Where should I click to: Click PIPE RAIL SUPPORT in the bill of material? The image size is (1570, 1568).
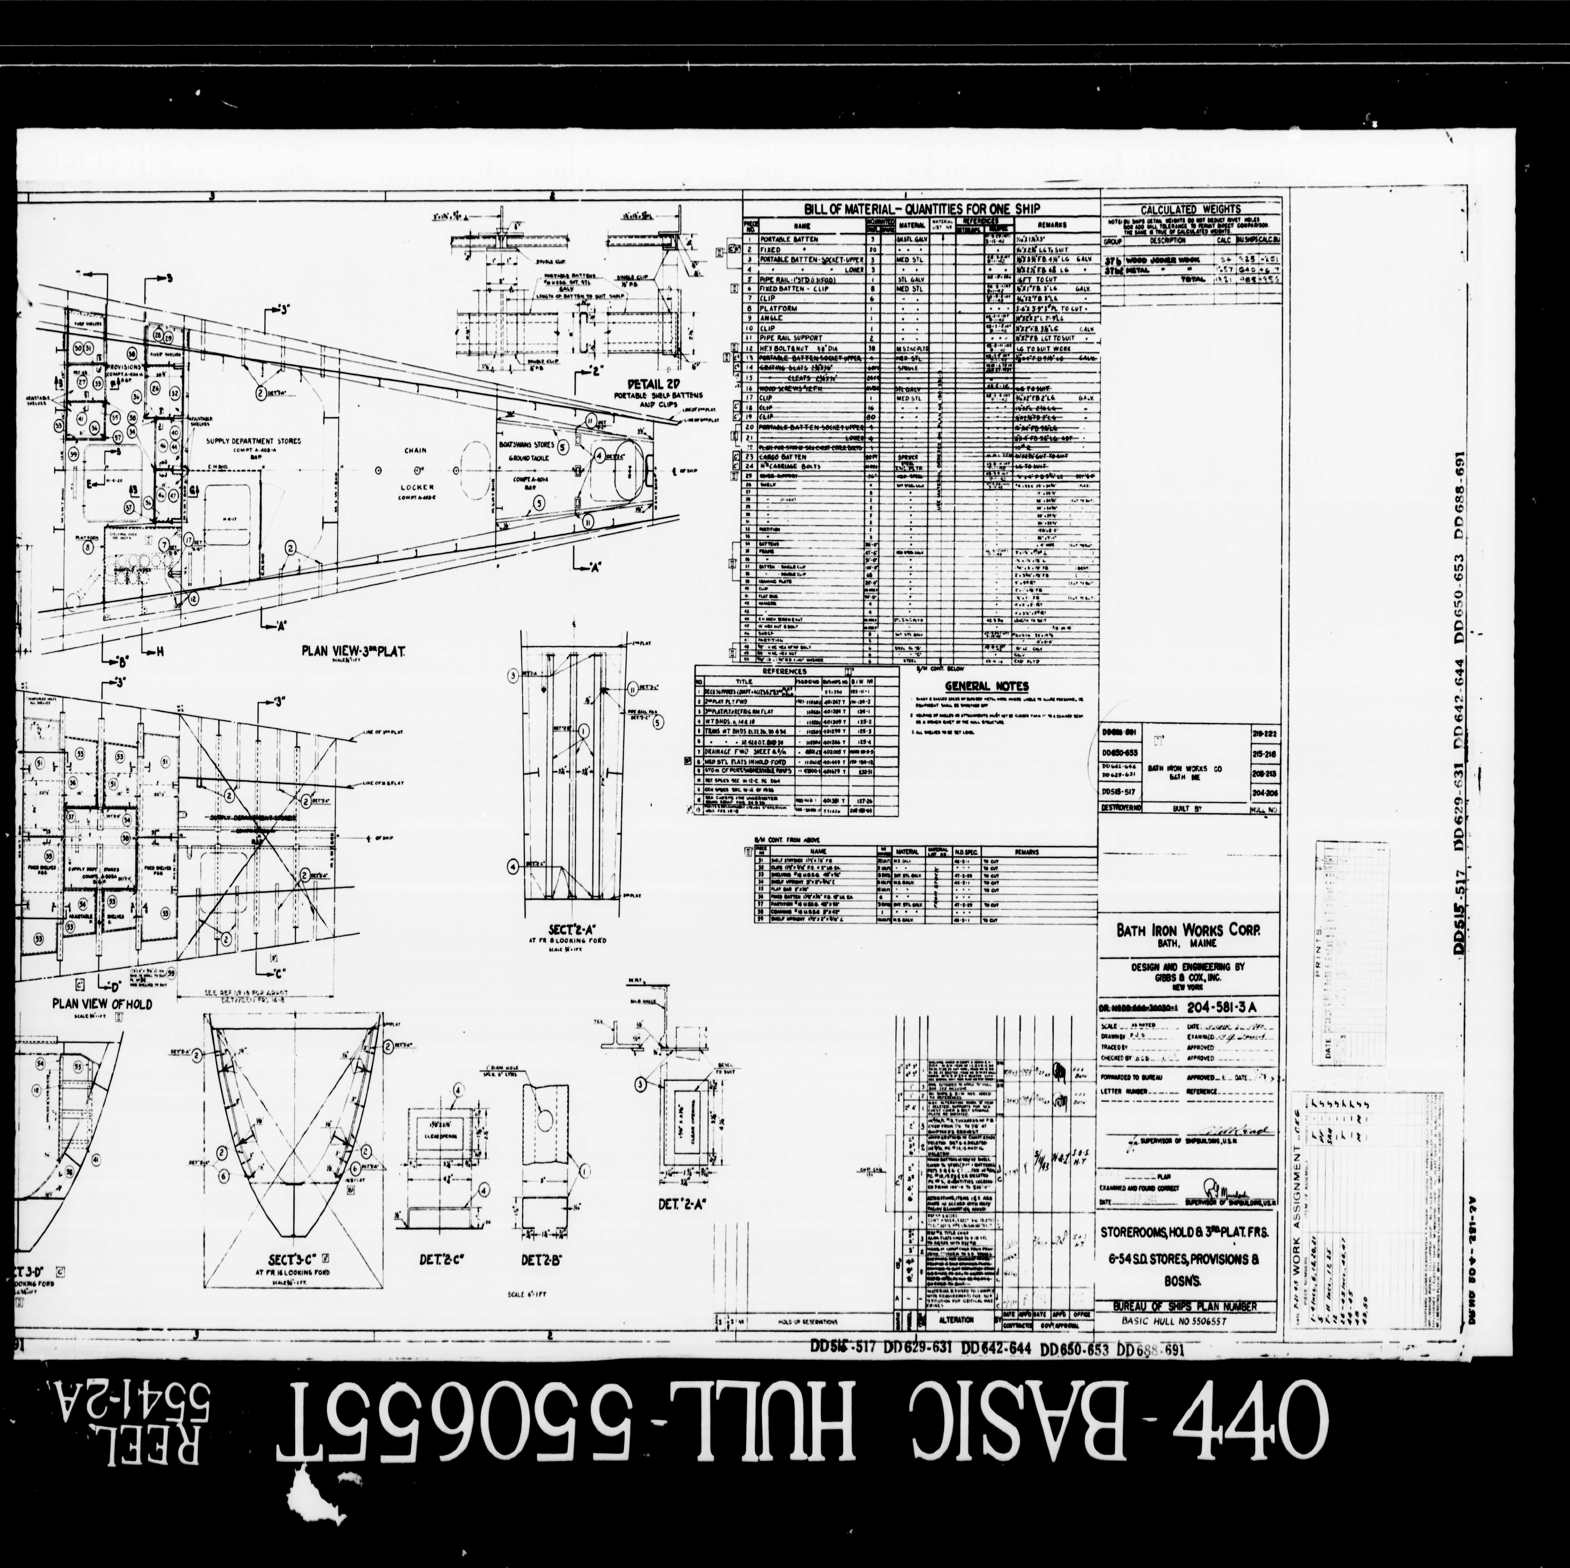791,337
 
